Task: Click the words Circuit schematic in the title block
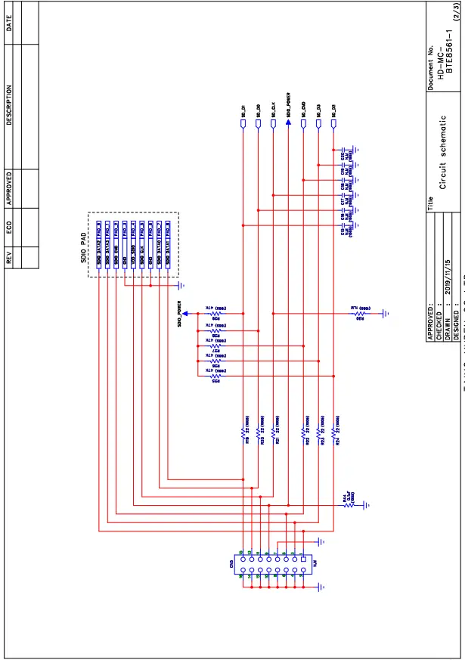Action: pos(445,151)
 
